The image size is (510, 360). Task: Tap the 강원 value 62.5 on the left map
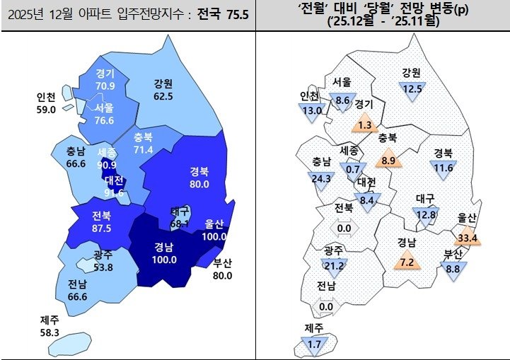[x=163, y=96]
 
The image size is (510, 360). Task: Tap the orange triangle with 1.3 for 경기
[x=365, y=124]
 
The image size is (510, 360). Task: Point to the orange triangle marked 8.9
[x=388, y=160]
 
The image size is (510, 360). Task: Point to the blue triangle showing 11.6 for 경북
[x=444, y=168]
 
